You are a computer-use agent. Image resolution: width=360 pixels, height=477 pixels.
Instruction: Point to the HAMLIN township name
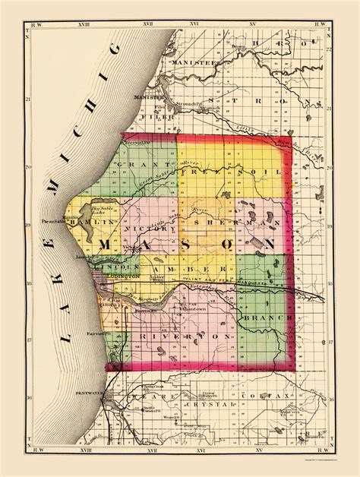click(x=99, y=213)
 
